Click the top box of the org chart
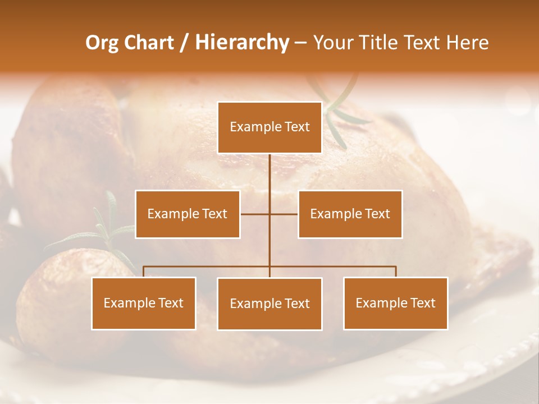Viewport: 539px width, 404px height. (269, 127)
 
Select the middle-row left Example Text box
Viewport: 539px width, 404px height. (188, 214)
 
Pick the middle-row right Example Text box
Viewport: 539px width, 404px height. (350, 214)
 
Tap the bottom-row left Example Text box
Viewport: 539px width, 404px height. (144, 304)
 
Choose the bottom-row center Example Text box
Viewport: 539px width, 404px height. (269, 304)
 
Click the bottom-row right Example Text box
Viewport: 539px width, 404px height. (395, 304)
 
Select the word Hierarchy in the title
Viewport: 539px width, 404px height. (241, 43)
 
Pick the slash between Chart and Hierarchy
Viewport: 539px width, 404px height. (184, 43)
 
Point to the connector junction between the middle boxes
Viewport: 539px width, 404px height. (269, 214)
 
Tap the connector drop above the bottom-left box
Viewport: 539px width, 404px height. (144, 272)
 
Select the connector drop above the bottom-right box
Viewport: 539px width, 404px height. (396, 272)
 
